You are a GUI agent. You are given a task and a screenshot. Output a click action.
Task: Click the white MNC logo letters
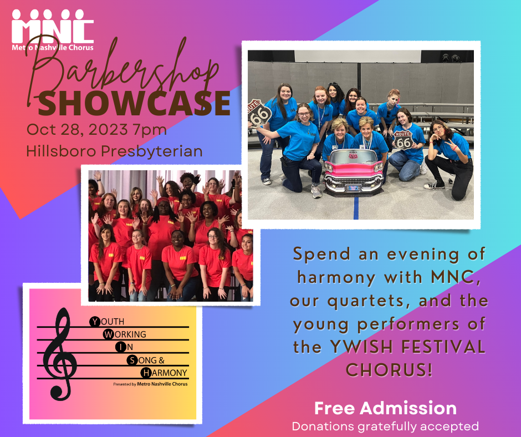53,27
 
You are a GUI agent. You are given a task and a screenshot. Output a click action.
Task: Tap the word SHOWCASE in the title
134,103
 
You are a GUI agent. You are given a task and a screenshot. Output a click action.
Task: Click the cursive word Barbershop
122,72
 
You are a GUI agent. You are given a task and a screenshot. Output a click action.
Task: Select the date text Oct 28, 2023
77,129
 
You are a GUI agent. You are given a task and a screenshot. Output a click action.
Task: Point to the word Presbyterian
152,151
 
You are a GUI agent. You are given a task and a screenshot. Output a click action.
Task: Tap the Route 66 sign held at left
259,113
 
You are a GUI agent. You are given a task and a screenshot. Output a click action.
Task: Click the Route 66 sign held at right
403,140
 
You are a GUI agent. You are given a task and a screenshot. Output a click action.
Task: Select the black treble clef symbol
60,354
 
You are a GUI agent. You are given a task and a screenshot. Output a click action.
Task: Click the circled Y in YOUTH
95,322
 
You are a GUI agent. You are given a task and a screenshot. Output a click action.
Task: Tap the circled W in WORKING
108,334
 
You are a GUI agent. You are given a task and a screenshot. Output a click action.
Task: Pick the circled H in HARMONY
146,373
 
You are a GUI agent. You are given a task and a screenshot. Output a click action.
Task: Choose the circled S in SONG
132,360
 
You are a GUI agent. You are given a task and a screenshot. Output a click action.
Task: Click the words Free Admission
385,408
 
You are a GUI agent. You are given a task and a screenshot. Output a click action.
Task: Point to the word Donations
323,426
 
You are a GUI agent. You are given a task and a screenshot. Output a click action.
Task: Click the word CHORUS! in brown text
389,369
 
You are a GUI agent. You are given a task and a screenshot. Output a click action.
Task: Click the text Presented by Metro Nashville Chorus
150,384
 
